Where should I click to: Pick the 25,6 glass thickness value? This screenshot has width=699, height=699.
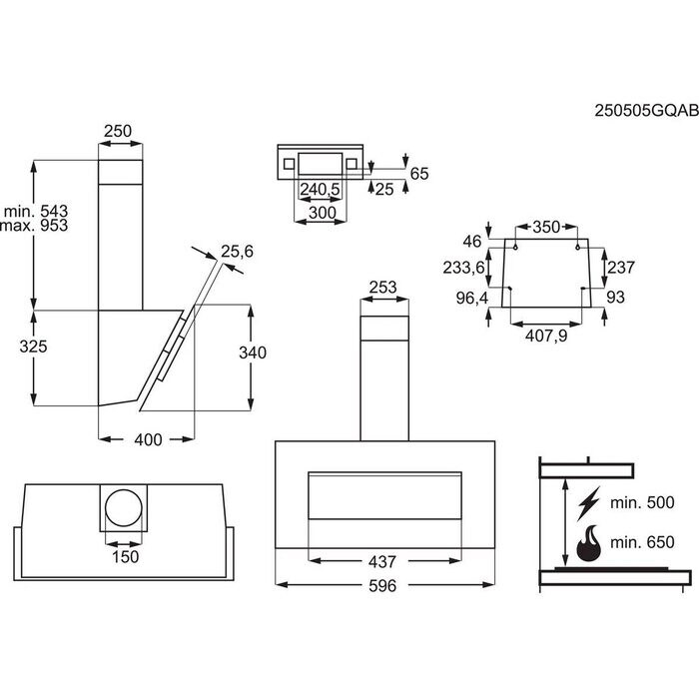pos(239,252)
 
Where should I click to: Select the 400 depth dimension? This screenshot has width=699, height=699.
pos(147,440)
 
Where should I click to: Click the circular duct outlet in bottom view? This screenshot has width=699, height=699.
pos(125,509)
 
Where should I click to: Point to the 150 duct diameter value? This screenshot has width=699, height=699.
pos(125,556)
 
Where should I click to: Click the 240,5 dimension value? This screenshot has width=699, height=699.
pos(320,189)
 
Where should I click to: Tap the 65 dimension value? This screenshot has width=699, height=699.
pos(418,174)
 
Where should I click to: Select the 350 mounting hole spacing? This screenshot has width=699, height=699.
pos(546,227)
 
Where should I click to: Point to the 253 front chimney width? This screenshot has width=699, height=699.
pos(383,289)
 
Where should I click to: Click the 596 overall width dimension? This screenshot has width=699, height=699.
pos(378,586)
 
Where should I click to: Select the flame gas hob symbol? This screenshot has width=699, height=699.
pos(589,543)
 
